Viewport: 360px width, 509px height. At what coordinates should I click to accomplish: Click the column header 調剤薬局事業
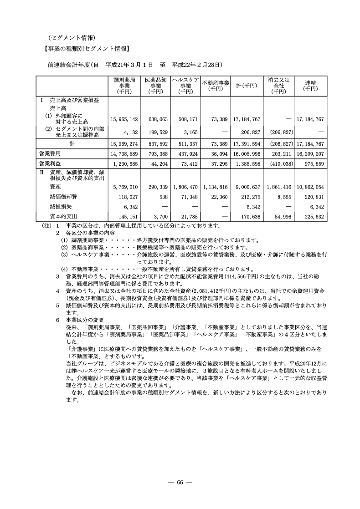[x=124, y=86]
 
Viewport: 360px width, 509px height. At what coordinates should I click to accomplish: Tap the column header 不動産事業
[x=215, y=85]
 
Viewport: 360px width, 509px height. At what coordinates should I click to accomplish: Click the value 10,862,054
[x=310, y=187]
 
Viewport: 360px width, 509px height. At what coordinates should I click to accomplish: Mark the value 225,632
[x=312, y=217]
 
